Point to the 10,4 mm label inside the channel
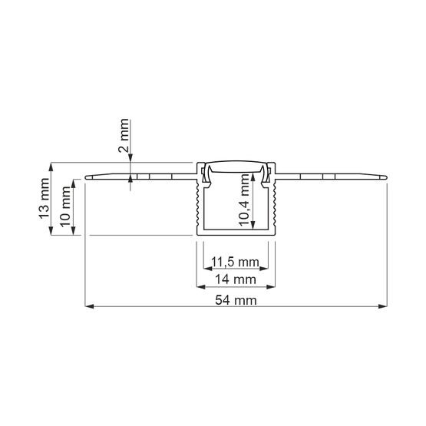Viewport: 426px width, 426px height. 245,197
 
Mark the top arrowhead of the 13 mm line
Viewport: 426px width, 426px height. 52,166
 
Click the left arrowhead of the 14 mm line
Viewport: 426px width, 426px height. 201,288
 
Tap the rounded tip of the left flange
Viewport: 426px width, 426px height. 87,177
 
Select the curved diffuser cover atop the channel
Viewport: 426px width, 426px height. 235,167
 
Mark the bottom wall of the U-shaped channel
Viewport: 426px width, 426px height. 235,230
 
